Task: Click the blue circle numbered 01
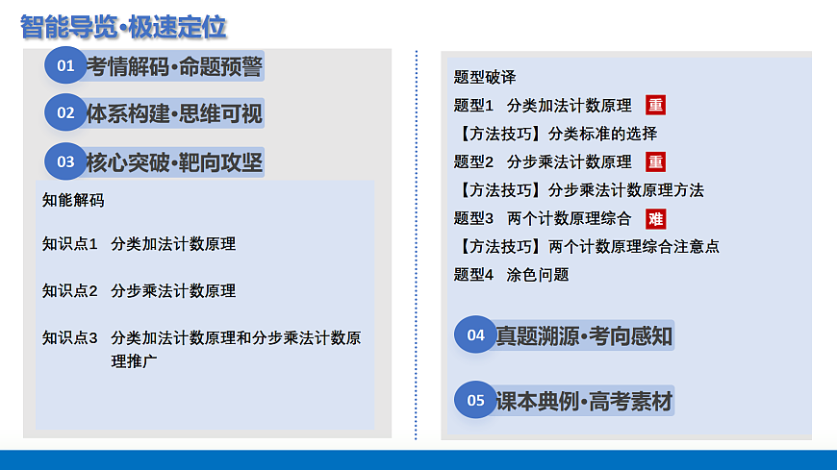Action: pyautogui.click(x=65, y=65)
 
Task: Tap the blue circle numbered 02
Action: pyautogui.click(x=65, y=112)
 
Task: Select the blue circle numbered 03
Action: pyautogui.click(x=65, y=161)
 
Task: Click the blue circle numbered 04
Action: pyautogui.click(x=475, y=334)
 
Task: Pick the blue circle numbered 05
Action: pyautogui.click(x=475, y=400)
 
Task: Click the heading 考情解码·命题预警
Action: pyautogui.click(x=174, y=66)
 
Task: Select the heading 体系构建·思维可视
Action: pyautogui.click(x=174, y=113)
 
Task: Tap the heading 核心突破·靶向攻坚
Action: pyautogui.click(x=174, y=161)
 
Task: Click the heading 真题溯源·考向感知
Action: pyautogui.click(x=584, y=335)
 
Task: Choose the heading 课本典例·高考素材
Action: pyautogui.click(x=584, y=401)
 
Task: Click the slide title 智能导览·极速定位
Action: pyautogui.click(x=123, y=26)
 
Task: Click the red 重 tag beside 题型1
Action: pyautogui.click(x=655, y=106)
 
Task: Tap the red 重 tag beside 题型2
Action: pyautogui.click(x=655, y=161)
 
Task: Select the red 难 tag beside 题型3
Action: pyautogui.click(x=655, y=218)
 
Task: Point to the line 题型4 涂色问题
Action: pyautogui.click(x=511, y=275)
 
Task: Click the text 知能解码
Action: pyautogui.click(x=73, y=200)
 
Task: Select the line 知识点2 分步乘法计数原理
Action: pyautogui.click(x=139, y=290)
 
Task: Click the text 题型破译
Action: pyautogui.click(x=485, y=77)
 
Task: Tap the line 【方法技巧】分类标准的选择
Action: pyautogui.click(x=556, y=134)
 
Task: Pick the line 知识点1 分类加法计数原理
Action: pyautogui.click(x=139, y=244)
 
